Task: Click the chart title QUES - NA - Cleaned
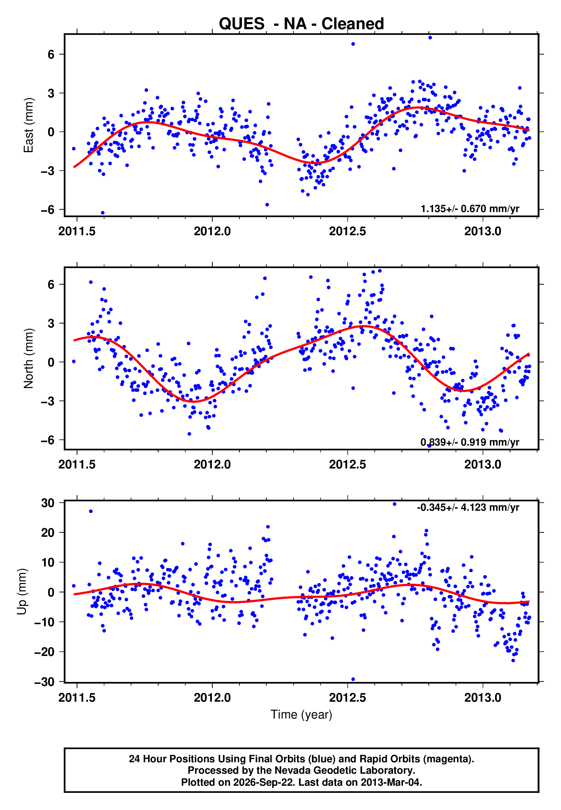[x=301, y=24]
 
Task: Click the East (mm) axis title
[x=28, y=125]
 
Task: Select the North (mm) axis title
[x=28, y=358]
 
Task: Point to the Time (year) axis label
[x=301, y=715]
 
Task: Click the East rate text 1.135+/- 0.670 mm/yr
[x=470, y=209]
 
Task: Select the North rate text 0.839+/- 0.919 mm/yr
[x=470, y=442]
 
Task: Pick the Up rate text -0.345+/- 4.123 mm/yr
[x=468, y=507]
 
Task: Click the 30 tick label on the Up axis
[x=48, y=503]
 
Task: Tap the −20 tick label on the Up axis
[x=44, y=652]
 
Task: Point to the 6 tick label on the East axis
[x=51, y=54]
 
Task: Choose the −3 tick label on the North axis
[x=48, y=401]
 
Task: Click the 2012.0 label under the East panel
[x=212, y=231]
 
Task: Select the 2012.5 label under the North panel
[x=347, y=464]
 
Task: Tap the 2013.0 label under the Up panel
[x=483, y=697]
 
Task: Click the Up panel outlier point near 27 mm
[x=91, y=511]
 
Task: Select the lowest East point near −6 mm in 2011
[x=103, y=213]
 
